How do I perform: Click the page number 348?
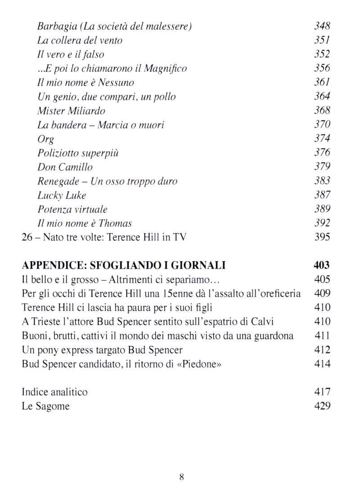[322, 26]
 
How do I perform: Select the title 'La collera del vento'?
[80, 40]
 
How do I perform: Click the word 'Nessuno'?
[117, 83]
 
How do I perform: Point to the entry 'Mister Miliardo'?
[71, 111]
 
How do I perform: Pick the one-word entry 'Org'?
[45, 139]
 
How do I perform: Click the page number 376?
[322, 153]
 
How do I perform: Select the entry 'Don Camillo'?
[65, 167]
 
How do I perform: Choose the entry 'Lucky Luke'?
[62, 195]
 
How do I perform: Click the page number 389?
[322, 209]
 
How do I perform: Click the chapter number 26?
[27, 237]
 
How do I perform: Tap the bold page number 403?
[322, 265]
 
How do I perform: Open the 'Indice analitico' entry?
[54, 392]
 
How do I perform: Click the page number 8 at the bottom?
[181, 477]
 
